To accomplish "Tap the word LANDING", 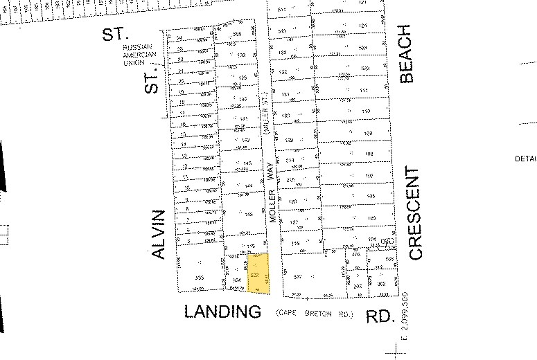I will coord(223,312).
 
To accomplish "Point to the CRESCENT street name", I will coord(415,213).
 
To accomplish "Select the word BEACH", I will coord(406,54).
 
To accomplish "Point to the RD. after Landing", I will coord(380,316).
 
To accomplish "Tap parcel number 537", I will coord(299,277).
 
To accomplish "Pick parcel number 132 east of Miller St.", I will coord(283,72).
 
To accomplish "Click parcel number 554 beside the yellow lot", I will coord(236,280).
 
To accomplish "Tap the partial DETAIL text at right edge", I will coord(526,159).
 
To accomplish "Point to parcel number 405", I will coord(357,255).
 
